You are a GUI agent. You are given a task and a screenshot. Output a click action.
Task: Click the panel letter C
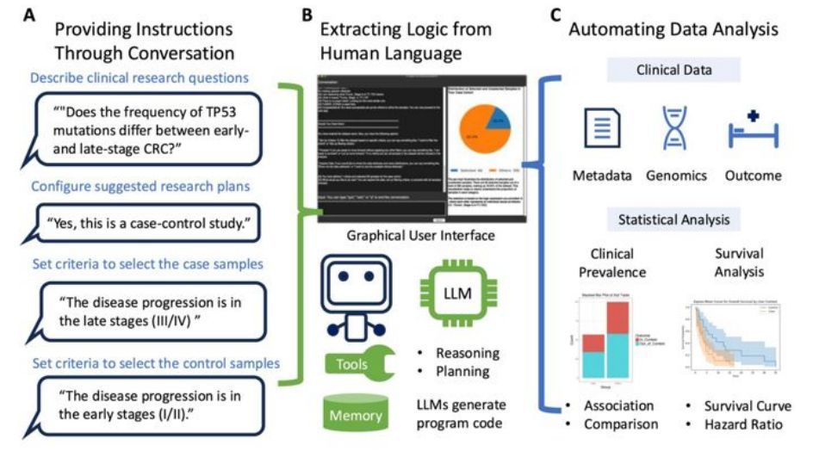pos(556,15)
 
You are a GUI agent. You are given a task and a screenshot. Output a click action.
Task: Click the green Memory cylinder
pos(354,413)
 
